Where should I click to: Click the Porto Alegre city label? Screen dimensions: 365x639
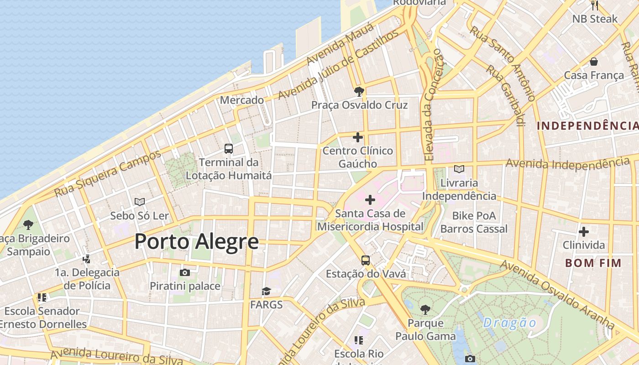(197, 241)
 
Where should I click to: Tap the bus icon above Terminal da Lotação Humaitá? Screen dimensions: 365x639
(229, 149)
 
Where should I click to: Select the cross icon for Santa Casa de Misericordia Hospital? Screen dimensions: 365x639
(370, 200)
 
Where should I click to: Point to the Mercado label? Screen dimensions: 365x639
(242, 100)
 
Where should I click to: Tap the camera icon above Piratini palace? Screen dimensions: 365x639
(185, 273)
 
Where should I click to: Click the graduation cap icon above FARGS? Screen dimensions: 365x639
(266, 291)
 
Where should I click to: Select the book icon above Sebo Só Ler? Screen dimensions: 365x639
(140, 202)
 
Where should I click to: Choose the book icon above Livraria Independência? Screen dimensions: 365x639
(459, 169)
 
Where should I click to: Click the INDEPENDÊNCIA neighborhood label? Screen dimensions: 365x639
(587, 126)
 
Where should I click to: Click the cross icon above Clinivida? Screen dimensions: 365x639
(583, 232)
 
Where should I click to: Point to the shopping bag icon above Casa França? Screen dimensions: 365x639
(594, 62)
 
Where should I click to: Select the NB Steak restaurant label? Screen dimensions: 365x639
(595, 19)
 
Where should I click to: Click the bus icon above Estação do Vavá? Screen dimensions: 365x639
(366, 261)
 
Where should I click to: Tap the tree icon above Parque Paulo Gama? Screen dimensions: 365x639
(425, 310)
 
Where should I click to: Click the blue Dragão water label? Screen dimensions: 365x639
(510, 323)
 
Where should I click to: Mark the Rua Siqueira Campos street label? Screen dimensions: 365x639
(108, 173)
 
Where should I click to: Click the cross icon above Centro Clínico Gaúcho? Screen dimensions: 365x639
(358, 137)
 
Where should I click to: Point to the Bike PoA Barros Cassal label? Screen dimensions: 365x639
(474, 222)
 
